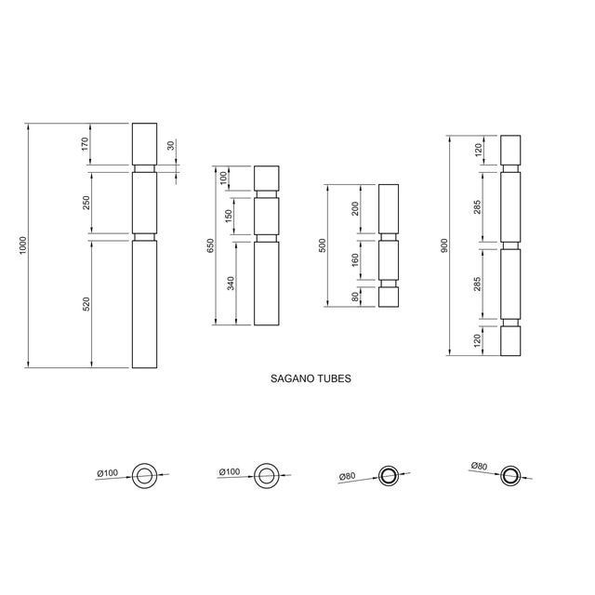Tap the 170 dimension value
click(x=85, y=144)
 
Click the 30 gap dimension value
click(x=170, y=146)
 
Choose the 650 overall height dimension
click(x=209, y=245)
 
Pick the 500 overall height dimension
click(x=322, y=245)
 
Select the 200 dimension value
click(x=354, y=208)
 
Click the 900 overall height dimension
click(x=444, y=245)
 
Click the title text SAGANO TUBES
click(x=310, y=379)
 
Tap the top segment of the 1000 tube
click(x=144, y=143)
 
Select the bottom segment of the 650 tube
click(x=267, y=284)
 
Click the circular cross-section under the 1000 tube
click(x=145, y=475)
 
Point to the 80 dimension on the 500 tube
click(x=354, y=297)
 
